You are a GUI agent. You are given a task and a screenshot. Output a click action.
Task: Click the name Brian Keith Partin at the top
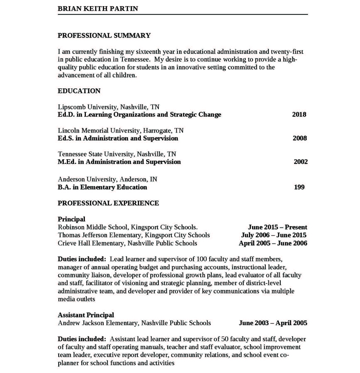click(98, 9)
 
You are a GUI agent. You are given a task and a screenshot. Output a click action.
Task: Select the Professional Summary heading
click(104, 35)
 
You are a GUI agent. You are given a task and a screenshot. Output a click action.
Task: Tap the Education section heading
click(79, 91)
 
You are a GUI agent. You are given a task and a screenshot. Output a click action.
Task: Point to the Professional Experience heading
click(108, 203)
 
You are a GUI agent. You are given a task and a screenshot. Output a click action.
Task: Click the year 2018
click(299, 115)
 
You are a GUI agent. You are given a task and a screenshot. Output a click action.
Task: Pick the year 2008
click(299, 138)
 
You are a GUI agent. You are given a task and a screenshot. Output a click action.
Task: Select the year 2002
click(300, 162)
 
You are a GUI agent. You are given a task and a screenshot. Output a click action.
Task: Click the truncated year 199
click(299, 187)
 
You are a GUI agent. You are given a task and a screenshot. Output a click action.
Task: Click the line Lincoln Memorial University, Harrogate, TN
click(120, 130)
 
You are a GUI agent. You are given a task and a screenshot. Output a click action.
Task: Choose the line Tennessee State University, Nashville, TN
click(117, 154)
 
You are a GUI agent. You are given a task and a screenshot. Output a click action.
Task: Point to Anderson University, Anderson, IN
click(107, 179)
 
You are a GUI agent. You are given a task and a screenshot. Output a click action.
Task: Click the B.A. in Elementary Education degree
click(102, 187)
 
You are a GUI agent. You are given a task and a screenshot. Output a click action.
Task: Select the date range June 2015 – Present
click(277, 227)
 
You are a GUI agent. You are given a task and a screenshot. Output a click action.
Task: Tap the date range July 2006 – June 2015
click(274, 235)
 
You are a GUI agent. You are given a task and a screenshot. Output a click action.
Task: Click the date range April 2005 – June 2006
click(273, 244)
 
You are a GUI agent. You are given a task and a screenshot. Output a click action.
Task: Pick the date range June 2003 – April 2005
click(273, 323)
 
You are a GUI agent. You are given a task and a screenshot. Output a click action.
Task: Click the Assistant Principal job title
click(86, 315)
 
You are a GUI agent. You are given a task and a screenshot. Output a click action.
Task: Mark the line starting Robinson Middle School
click(127, 227)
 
